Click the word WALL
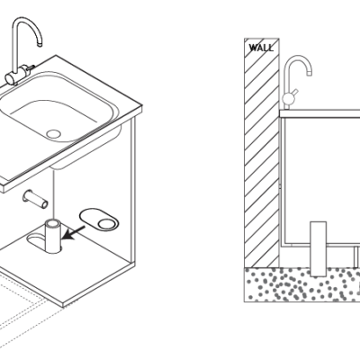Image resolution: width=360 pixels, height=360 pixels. tap(261, 48)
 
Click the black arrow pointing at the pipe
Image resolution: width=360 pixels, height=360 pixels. tap(73, 233)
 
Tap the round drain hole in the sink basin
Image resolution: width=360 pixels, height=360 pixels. tap(54, 134)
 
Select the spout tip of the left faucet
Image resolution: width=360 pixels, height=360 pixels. tap(39, 45)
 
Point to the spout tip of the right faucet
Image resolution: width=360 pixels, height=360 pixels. tap(310, 73)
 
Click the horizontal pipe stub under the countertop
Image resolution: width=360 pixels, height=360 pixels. tap(35, 199)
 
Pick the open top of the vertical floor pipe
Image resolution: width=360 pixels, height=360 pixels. tap(53, 223)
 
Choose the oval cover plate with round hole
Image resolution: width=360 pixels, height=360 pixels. tap(99, 220)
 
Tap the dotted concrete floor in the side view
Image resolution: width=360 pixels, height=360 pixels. tap(301, 284)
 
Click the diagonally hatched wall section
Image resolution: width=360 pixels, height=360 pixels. tap(262, 152)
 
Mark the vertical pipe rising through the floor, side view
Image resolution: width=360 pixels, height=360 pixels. tap(318, 248)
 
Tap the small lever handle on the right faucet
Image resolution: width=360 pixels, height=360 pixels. tap(295, 92)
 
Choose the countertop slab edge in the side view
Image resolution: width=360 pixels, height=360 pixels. tap(319, 113)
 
